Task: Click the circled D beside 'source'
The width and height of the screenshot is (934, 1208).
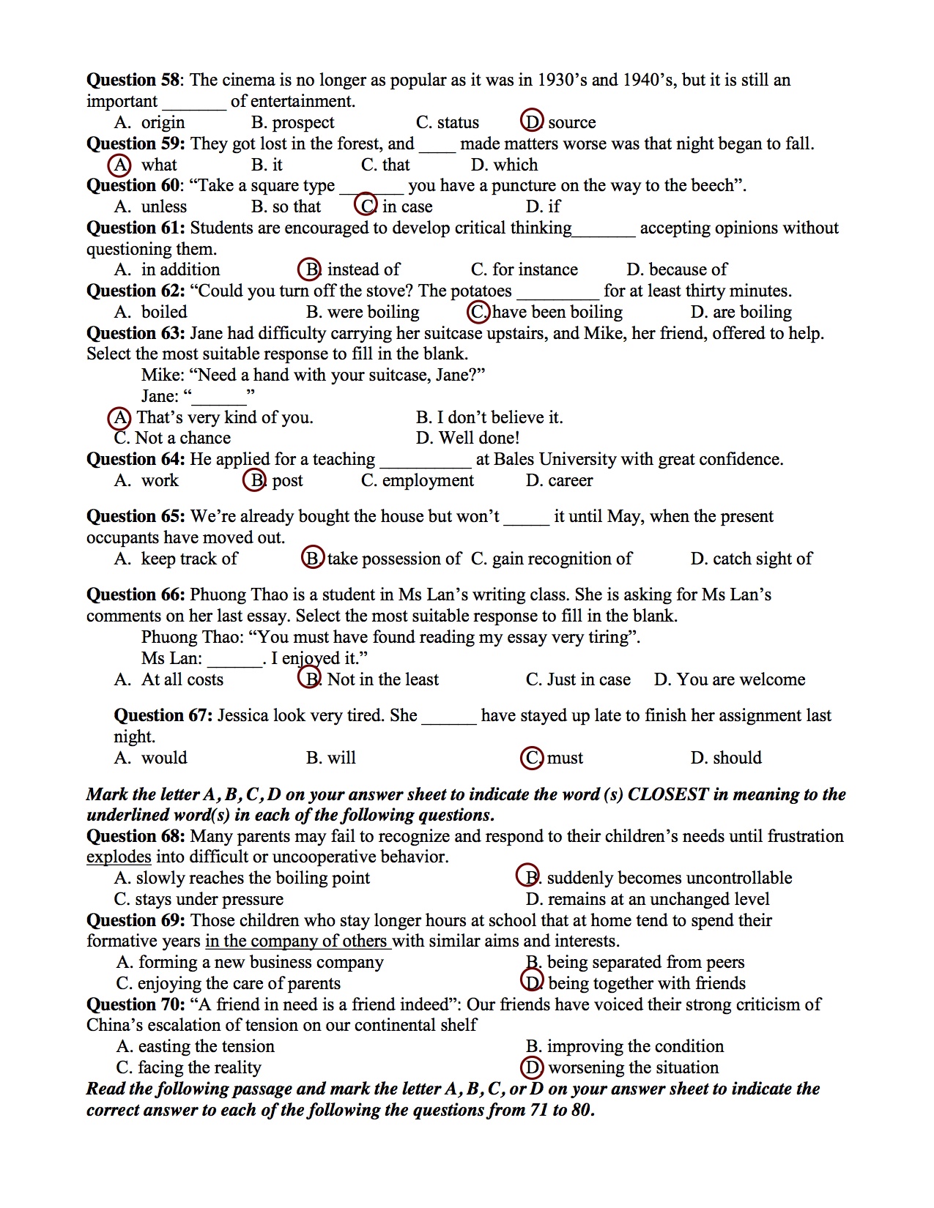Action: click(x=531, y=122)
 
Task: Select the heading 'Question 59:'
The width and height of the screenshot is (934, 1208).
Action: click(x=135, y=143)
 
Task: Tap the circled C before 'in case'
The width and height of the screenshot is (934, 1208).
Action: click(x=366, y=206)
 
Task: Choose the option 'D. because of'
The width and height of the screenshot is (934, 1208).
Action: click(x=676, y=269)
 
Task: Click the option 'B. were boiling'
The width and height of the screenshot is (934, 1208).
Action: click(x=363, y=312)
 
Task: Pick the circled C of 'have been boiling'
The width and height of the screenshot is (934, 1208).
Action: click(x=478, y=312)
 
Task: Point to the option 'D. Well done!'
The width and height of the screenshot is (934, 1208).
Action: click(x=467, y=438)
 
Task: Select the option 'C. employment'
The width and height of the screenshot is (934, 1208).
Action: click(x=417, y=480)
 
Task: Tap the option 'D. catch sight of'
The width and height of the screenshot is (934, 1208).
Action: click(x=751, y=559)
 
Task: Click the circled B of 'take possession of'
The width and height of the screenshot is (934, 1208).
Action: click(x=312, y=558)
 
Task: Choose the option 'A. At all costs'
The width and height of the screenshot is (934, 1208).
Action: click(x=168, y=679)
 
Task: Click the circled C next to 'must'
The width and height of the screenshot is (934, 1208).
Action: click(x=532, y=758)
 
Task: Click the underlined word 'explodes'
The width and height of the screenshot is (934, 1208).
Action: click(x=119, y=857)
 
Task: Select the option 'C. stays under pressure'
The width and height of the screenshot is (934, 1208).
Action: click(x=199, y=899)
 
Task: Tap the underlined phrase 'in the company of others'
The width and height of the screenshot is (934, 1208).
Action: click(x=296, y=941)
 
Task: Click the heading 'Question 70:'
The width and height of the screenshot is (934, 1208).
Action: click(x=135, y=1004)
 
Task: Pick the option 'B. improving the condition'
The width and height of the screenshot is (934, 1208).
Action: click(x=624, y=1046)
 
